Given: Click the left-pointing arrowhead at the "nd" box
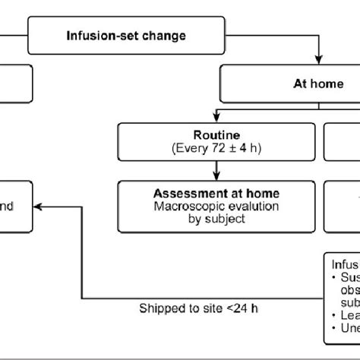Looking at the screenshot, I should (x=40, y=205).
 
